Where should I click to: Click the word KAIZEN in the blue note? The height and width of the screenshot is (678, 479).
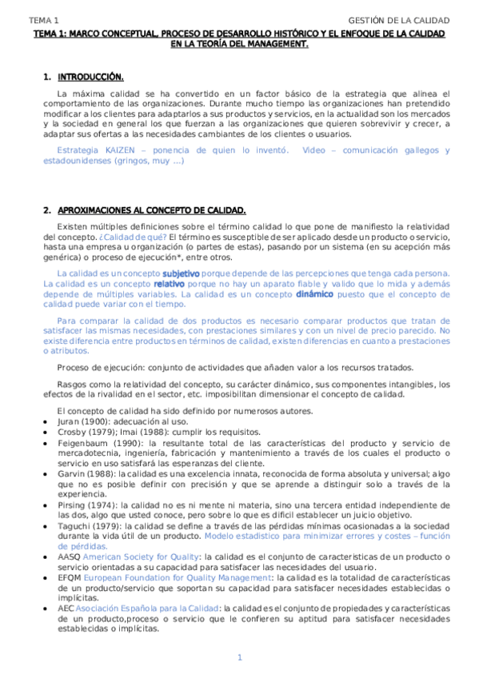104,150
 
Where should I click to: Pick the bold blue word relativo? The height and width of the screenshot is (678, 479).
169,284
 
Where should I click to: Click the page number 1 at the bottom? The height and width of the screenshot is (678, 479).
239,657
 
